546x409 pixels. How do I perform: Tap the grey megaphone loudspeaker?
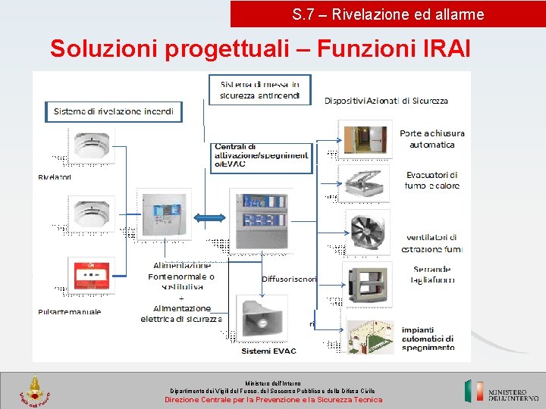[x=262, y=318]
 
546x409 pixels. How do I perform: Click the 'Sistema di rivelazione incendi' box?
[x=114, y=111]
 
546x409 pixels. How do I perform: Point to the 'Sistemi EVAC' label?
[x=268, y=351]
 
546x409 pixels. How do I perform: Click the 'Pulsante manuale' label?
[x=69, y=311]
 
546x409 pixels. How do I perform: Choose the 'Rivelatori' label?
[x=55, y=177]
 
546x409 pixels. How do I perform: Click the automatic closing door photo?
[x=366, y=138]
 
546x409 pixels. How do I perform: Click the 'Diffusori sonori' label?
[x=289, y=279]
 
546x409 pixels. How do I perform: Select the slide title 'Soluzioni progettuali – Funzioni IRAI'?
[x=260, y=49]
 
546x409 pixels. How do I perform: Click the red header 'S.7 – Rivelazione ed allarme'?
[x=388, y=14]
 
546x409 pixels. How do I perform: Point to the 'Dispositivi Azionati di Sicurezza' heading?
[x=386, y=101]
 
